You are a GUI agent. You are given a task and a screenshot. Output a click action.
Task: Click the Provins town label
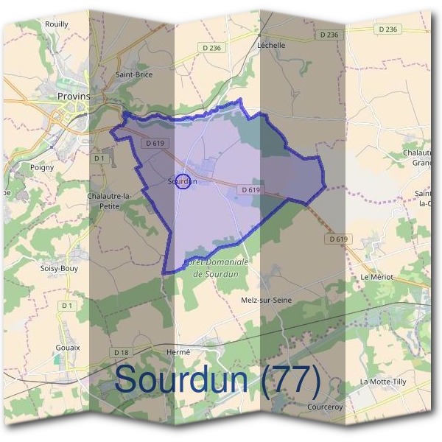point(73,96)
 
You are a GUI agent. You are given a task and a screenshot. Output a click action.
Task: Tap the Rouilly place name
point(56,24)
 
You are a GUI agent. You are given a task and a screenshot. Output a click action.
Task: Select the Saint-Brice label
point(134,74)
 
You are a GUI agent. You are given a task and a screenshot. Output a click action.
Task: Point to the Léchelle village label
point(271,44)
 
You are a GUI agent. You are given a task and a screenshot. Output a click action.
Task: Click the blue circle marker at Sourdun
point(185,180)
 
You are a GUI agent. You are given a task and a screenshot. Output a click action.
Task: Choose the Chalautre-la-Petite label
point(109,201)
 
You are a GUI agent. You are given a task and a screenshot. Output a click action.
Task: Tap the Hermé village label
point(178,352)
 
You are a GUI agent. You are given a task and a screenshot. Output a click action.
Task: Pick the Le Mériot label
point(377,276)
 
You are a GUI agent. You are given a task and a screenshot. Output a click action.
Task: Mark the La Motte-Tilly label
point(383,382)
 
